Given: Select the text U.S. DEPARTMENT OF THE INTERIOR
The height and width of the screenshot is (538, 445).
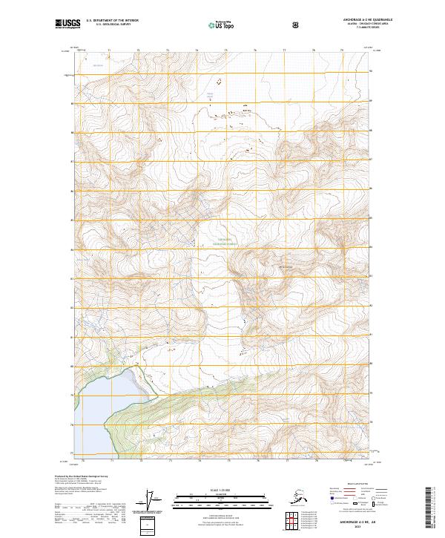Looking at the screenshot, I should pyautogui.click(x=112, y=21).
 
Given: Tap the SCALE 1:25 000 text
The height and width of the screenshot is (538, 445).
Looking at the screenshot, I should pyautogui.click(x=222, y=490).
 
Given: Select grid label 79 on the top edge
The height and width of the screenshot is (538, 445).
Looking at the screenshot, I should pyautogui.click(x=342, y=50).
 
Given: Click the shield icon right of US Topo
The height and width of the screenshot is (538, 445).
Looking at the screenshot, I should pyautogui.click(x=297, y=24).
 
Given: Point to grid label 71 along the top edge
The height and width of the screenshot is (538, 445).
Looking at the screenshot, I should pyautogui.click(x=109, y=50).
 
